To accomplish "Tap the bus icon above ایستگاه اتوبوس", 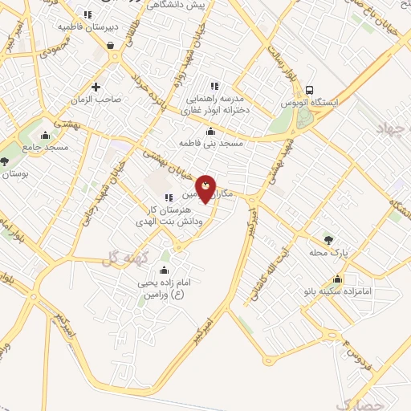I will click(311, 91).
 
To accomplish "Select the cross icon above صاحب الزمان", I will click(96, 87).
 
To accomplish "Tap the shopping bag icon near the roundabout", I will click(108, 45).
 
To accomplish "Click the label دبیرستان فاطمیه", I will click(87, 26).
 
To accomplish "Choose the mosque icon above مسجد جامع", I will click(45, 135).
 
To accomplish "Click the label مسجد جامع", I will click(47, 148).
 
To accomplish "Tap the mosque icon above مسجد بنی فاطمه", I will click(211, 132).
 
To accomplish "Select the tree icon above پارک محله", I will click(328, 239).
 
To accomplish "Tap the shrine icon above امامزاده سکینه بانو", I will click(337, 280).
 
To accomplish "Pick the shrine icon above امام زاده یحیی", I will click(165, 270).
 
